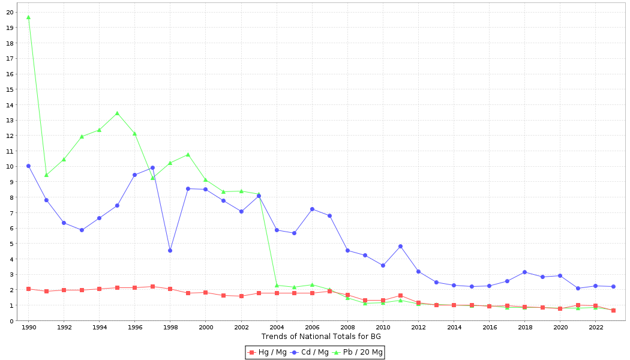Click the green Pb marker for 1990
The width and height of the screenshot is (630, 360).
click(x=28, y=17)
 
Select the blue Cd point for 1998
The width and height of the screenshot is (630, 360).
click(x=170, y=250)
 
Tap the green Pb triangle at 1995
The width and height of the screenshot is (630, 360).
click(x=117, y=113)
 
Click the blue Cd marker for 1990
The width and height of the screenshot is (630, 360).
click(x=28, y=166)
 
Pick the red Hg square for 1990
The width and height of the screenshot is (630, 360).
click(x=28, y=289)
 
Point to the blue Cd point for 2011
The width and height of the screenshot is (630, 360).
click(x=400, y=246)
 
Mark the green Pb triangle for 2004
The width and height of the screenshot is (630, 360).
click(x=277, y=285)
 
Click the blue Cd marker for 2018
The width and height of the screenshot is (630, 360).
click(x=524, y=272)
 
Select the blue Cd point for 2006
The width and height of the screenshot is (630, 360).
click(x=312, y=209)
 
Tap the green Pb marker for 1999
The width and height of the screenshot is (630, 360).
click(x=188, y=154)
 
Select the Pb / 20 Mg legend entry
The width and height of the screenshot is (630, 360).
click(x=358, y=352)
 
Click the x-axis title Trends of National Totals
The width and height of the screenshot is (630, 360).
click(x=321, y=336)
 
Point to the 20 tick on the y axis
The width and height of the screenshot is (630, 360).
click(x=10, y=13)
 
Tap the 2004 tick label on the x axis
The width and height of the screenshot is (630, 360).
click(x=277, y=328)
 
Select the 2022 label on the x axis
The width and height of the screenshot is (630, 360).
click(x=596, y=328)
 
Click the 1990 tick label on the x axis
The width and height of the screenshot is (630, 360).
click(x=28, y=328)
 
